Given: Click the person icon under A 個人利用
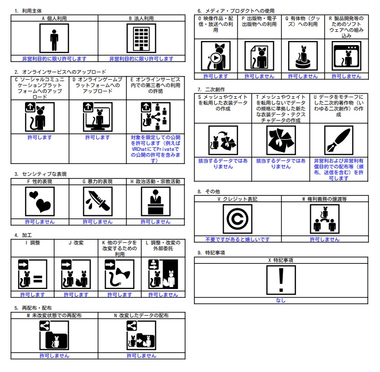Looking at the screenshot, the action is tap(54, 38).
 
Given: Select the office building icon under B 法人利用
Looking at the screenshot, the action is tap(141, 38).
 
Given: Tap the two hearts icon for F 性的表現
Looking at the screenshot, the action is tap(40, 201).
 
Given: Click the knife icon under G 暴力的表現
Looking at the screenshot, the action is tap(98, 201).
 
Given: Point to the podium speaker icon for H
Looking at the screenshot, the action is tap(156, 201).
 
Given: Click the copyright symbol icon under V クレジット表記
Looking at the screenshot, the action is tap(238, 219).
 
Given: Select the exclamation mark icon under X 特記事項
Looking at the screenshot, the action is tap(281, 280).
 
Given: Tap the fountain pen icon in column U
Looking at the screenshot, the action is tap(339, 140).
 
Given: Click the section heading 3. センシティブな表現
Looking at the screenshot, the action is tap(40, 174).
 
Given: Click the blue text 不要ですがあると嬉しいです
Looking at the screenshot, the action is tap(238, 239).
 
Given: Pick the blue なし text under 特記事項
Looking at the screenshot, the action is tap(281, 300).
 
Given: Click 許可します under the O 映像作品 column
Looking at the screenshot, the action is tap(216, 76).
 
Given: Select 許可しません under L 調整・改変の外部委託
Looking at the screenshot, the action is tap(163, 294).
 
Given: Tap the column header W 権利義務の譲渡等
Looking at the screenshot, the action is tap(325, 199).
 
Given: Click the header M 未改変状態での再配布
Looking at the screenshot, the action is tap(54, 315).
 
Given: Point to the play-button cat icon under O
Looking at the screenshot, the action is tap(216, 56).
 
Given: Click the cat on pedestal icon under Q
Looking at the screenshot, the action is tap(303, 56).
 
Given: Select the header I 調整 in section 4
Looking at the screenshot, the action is tap(32, 242).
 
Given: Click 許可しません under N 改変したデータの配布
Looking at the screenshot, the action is tap(141, 356).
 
